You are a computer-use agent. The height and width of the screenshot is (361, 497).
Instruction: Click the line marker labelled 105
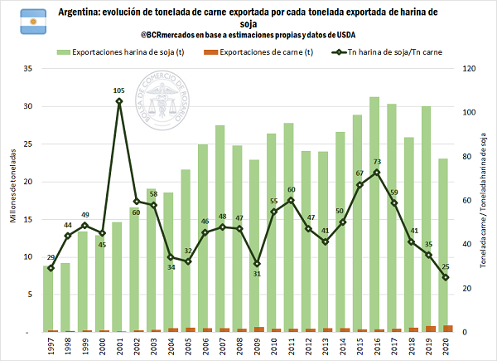pos(119,101)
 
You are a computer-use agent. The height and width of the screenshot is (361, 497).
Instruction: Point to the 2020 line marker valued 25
pos(446,277)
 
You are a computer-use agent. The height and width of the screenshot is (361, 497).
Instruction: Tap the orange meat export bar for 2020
pos(448,329)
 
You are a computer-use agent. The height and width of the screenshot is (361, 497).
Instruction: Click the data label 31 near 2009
pos(258,274)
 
